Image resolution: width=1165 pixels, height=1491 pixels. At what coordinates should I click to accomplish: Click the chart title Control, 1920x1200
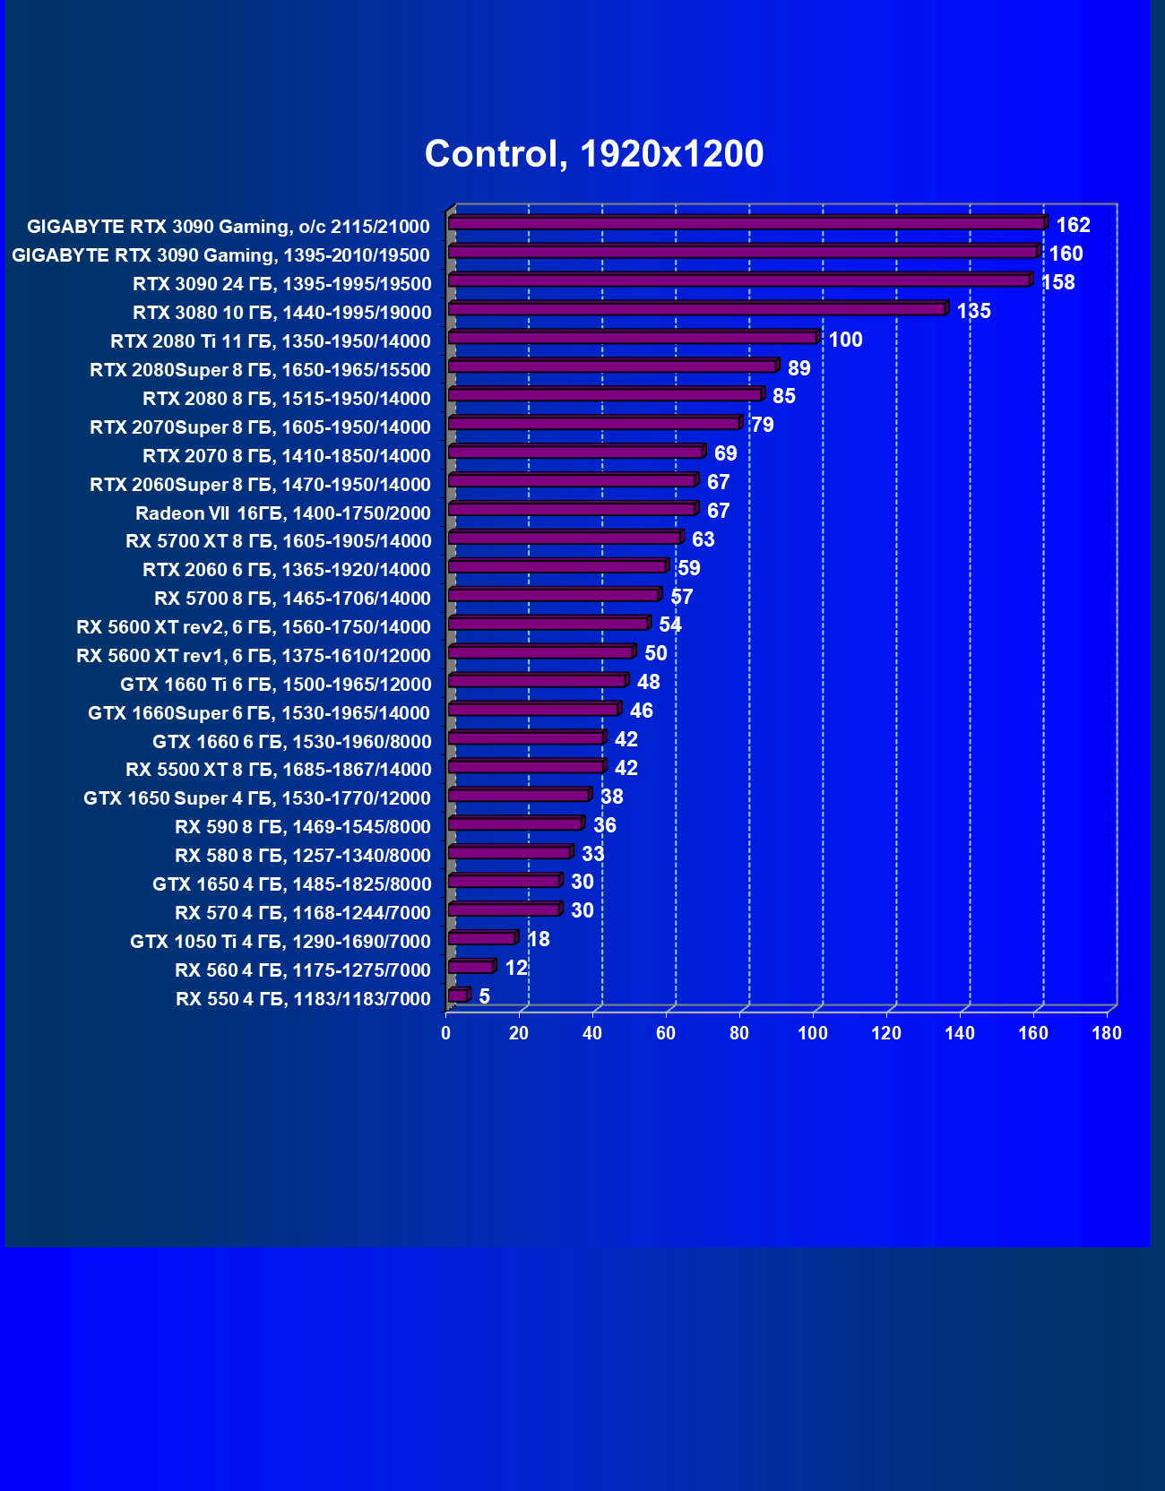594,154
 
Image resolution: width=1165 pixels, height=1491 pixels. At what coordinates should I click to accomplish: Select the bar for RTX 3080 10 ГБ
696,310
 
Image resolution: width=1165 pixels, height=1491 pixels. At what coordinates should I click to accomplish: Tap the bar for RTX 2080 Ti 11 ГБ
632,339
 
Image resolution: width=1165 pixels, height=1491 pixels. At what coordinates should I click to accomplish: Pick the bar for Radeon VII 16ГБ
572,510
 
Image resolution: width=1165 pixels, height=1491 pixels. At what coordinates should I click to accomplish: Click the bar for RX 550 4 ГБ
457,996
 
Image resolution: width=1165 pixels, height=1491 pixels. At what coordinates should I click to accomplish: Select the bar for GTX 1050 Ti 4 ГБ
481,939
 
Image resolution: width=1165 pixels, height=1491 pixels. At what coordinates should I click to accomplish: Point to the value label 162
1073,225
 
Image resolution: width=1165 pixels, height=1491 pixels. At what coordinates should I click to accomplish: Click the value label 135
973,311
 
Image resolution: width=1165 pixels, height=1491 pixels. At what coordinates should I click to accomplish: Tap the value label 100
845,340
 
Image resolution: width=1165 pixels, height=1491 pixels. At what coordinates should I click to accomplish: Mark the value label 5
484,996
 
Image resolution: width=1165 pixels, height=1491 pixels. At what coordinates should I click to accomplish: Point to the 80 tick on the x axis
739,1033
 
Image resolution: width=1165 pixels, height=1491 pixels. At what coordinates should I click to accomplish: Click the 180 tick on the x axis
1107,1033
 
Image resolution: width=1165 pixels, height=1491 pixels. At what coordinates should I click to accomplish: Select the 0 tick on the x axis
445,1033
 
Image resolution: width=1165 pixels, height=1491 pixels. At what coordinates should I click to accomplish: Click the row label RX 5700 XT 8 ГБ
279,541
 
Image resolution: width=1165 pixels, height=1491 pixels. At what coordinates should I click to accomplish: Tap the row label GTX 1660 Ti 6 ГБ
276,685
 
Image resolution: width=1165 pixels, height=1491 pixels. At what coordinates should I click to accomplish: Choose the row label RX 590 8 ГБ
303,827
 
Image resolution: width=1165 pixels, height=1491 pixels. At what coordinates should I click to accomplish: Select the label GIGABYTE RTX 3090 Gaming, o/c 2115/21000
229,227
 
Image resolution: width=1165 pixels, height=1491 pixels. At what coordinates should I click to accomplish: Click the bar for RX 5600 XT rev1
540,652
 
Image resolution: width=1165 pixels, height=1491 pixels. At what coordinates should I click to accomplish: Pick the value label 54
669,625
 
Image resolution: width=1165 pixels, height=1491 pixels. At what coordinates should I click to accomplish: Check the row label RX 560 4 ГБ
303,970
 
